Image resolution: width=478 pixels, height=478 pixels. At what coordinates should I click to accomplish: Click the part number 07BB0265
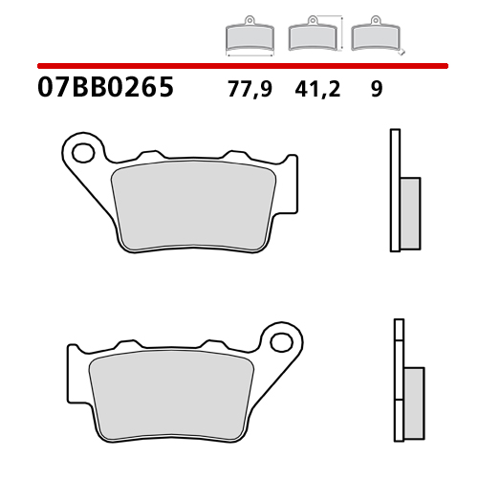tap(105, 90)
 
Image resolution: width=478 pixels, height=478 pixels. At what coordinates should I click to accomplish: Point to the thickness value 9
tap(376, 91)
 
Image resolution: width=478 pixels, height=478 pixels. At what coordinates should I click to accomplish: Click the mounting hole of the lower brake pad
tap(280, 340)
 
